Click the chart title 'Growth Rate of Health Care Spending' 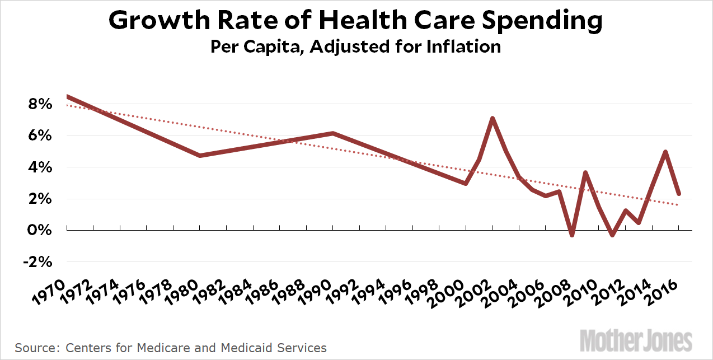point(355,21)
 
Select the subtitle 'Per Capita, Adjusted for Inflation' point(355,46)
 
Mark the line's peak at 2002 point(492,118)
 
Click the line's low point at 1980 point(200,155)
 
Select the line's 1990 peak point(333,133)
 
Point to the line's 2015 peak point(665,152)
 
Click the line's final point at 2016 point(678,194)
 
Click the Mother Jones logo point(636,340)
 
